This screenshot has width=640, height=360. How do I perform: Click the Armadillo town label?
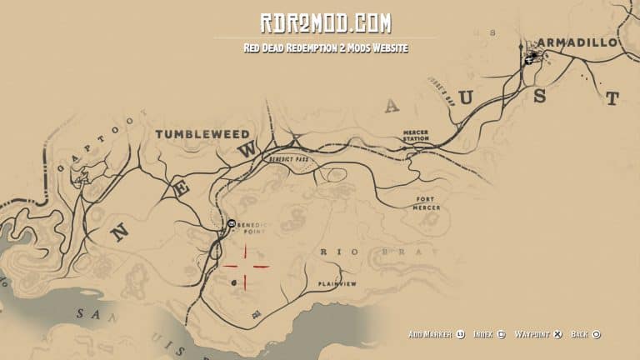(577, 42)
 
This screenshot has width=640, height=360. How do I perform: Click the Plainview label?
(337, 284)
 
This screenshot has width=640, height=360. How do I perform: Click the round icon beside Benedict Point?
(231, 224)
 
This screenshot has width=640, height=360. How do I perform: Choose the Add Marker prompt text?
(430, 334)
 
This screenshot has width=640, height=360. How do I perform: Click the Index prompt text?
(483, 334)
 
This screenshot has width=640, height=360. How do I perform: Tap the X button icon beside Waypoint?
(557, 334)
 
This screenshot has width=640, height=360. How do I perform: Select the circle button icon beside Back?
(597, 334)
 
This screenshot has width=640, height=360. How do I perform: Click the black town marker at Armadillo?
(532, 57)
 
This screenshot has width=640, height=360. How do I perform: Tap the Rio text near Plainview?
(332, 251)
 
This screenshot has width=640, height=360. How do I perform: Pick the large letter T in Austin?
(612, 98)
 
